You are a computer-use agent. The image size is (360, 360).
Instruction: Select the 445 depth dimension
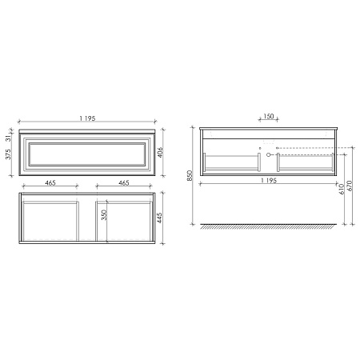click(x=160, y=219)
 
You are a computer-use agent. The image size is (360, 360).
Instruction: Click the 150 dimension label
click(x=268, y=117)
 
